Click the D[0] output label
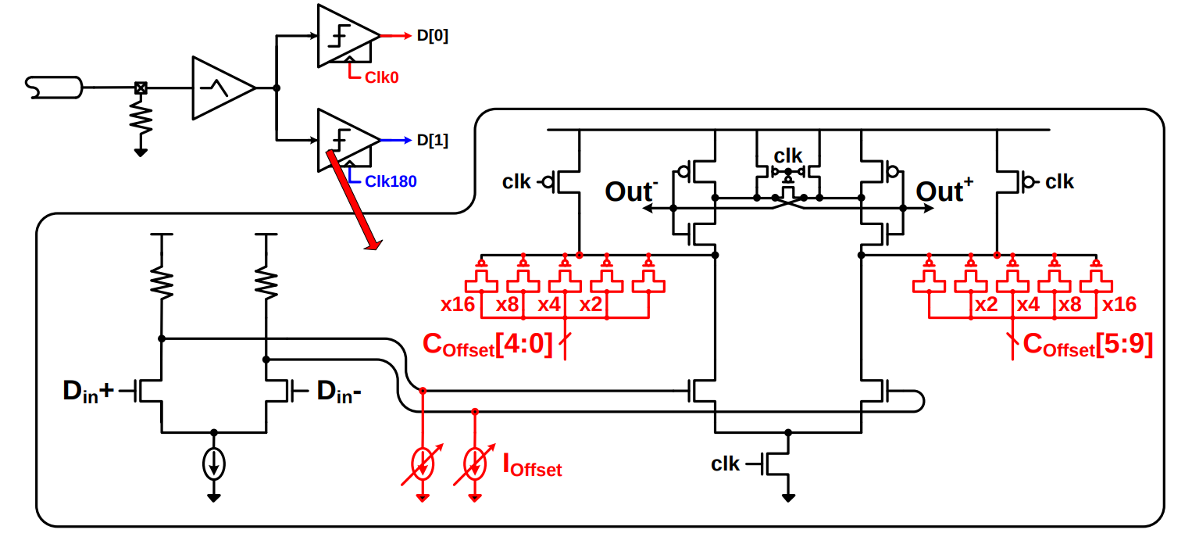[432, 36]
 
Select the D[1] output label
[432, 140]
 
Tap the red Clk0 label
[381, 77]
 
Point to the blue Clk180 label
[391, 181]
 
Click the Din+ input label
[88, 392]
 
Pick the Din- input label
[339, 392]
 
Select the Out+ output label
[944, 191]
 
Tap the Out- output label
[631, 191]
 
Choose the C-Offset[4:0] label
[487, 345]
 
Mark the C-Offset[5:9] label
[1087, 345]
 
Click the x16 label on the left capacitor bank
[458, 305]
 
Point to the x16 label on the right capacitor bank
[1119, 305]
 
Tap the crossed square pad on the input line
[141, 88]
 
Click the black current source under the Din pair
[214, 464]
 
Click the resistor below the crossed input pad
[141, 118]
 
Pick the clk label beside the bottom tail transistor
[725, 463]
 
